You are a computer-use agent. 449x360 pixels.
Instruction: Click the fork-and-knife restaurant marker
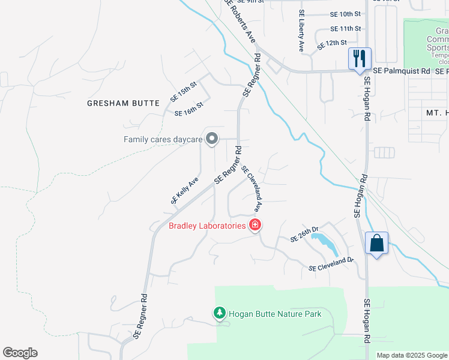360,59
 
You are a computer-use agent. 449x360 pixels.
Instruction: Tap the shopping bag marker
376,243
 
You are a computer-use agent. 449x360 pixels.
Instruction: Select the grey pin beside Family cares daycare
211,139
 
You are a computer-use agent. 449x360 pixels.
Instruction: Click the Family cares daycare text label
163,140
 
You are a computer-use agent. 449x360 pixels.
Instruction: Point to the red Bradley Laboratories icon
255,226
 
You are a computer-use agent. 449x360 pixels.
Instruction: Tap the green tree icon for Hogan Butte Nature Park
220,313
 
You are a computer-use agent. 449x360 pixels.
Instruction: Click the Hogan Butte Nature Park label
275,314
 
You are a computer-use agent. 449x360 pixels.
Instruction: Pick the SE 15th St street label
184,94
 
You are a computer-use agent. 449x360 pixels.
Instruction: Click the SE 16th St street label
189,109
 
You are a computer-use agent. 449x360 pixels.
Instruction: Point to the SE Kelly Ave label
184,191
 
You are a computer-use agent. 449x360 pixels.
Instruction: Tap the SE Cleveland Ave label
253,189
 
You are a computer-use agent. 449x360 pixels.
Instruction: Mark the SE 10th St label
345,13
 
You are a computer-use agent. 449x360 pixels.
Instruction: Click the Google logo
20,353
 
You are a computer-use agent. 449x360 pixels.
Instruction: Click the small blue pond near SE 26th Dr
326,242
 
